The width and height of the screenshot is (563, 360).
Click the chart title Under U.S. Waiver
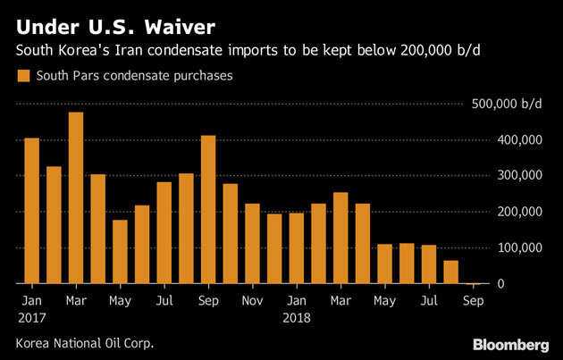coord(110,20)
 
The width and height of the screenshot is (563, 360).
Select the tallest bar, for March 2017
coord(76,197)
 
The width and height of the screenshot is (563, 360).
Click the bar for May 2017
coord(120,252)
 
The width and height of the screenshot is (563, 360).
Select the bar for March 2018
coord(340,239)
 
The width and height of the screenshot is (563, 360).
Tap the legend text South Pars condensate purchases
coord(134,77)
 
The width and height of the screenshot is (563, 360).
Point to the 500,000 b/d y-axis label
coord(505,105)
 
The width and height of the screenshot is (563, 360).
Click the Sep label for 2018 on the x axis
coord(474,301)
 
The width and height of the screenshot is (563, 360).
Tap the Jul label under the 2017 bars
coord(164,301)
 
